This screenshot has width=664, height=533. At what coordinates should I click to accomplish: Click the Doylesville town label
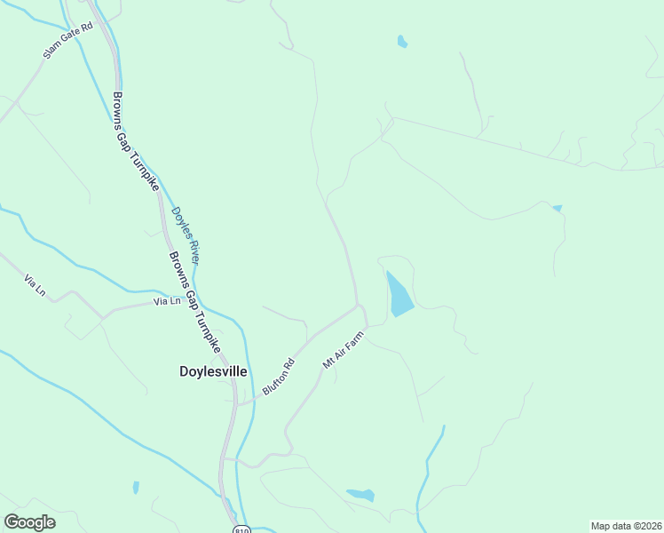click(x=208, y=373)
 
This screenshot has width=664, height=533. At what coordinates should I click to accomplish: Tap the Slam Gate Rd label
click(x=67, y=42)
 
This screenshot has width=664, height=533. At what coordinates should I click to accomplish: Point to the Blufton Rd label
click(x=278, y=377)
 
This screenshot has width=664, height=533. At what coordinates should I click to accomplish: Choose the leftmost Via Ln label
click(x=35, y=285)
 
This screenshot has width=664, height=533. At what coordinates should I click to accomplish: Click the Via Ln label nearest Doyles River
click(x=167, y=301)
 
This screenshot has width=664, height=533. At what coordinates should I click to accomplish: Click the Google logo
click(x=30, y=522)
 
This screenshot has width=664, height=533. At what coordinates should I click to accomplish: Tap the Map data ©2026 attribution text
click(x=626, y=526)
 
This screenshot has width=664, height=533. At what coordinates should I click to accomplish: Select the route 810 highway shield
click(x=242, y=529)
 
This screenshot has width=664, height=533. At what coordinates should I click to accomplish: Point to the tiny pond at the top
click(x=402, y=41)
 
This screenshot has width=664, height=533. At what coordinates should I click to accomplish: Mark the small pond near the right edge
click(x=557, y=208)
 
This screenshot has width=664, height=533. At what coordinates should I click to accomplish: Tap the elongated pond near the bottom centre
click(x=360, y=495)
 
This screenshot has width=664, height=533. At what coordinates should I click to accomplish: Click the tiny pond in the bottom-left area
click(x=135, y=487)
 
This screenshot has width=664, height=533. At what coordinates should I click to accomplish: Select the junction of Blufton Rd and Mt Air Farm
click(x=359, y=306)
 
